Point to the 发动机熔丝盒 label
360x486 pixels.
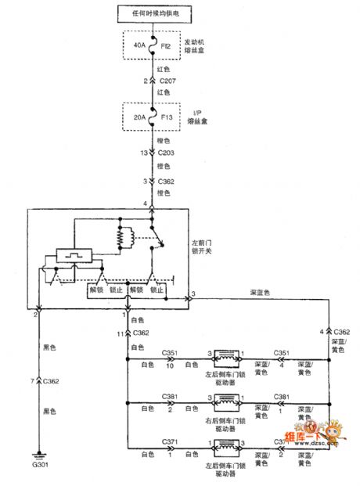point(195,46)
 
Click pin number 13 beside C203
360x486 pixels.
point(144,153)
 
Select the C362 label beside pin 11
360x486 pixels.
point(141,333)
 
